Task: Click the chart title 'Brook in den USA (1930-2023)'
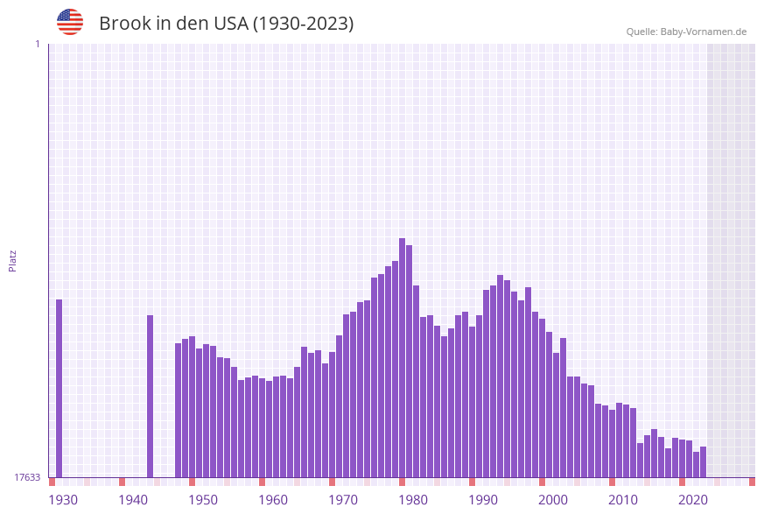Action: [x=226, y=24]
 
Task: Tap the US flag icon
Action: [x=70, y=22]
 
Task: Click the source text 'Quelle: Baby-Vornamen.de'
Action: [x=686, y=32]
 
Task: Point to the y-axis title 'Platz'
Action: [x=13, y=260]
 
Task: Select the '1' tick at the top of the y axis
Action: [x=37, y=44]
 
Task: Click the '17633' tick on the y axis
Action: [x=27, y=477]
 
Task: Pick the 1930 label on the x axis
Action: [x=63, y=500]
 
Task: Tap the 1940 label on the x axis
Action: [x=133, y=500]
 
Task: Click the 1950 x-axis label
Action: [x=203, y=500]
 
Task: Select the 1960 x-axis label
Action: [x=273, y=500]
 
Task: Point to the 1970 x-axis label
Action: [x=343, y=500]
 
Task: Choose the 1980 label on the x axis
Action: [x=413, y=500]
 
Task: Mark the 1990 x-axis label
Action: [x=483, y=500]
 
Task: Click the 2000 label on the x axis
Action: [x=553, y=500]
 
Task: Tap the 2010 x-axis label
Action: [x=623, y=500]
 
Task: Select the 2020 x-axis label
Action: [x=693, y=500]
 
